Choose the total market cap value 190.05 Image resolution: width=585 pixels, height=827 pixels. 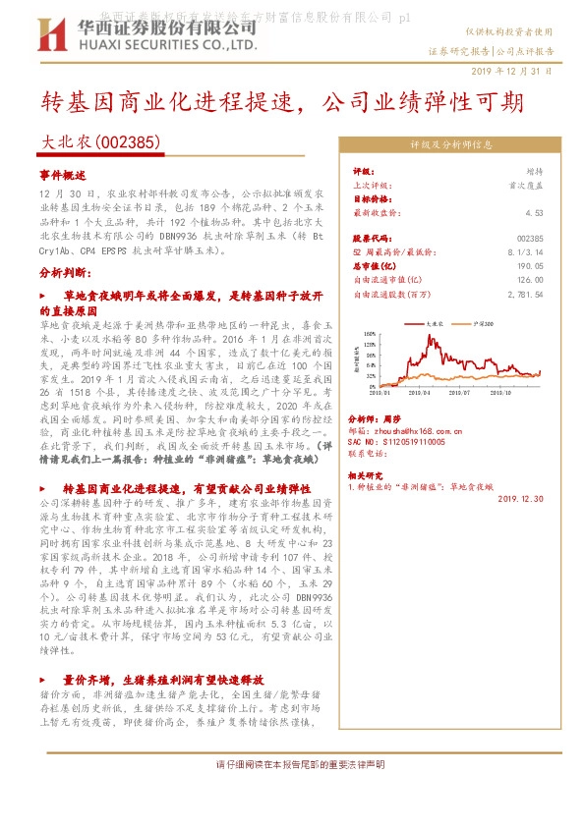pos(529,265)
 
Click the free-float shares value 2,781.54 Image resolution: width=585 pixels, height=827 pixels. pos(526,293)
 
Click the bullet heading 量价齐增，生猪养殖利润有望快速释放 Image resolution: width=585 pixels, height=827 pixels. pos(163,679)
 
